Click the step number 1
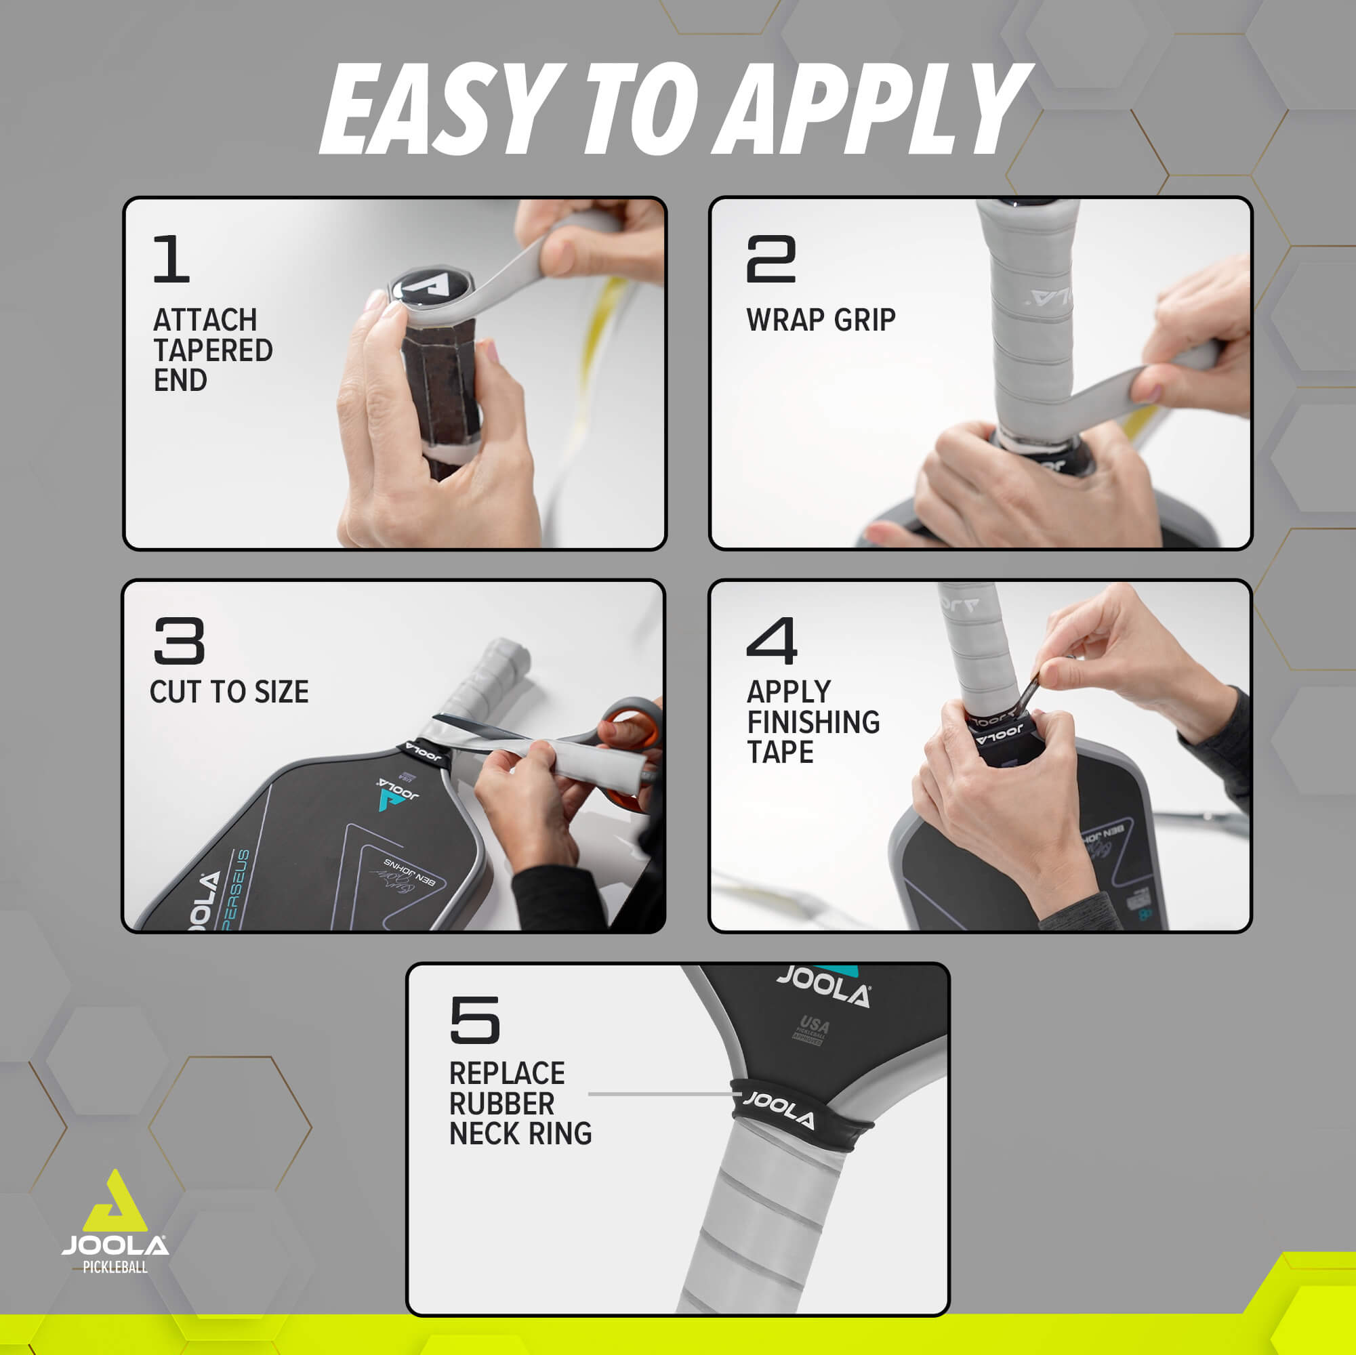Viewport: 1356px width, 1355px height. coord(171,259)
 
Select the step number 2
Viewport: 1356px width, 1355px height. coord(771,259)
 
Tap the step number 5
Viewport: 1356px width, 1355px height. coord(474,1020)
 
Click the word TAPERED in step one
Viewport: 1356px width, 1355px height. coord(213,350)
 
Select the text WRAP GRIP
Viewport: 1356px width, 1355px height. coord(821,320)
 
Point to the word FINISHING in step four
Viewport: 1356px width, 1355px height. coord(813,722)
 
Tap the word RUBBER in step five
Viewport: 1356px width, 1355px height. coord(501,1104)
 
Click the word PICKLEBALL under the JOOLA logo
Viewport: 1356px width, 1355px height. coord(115,1268)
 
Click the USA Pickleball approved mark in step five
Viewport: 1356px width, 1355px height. coord(811,1029)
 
